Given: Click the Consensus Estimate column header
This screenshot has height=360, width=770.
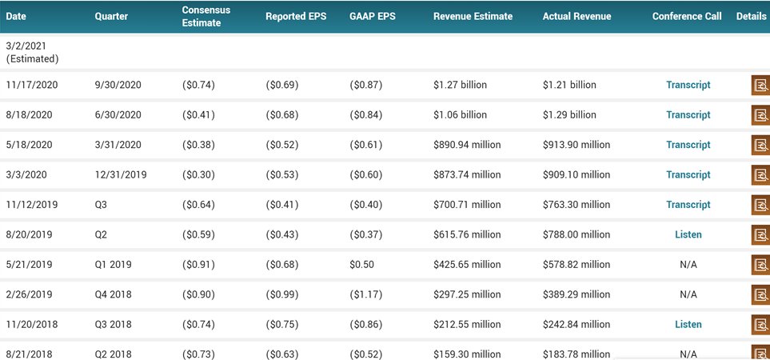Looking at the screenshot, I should coord(205,16).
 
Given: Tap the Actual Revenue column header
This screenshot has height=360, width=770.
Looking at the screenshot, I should coord(576,16).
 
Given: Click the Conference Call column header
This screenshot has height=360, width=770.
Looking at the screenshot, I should coord(686,16).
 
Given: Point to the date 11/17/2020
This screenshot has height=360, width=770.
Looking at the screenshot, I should coord(32,85).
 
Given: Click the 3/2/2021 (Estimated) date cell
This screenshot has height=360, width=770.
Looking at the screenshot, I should coord(32,53).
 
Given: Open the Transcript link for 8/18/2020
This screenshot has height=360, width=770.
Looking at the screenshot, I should coord(688,114).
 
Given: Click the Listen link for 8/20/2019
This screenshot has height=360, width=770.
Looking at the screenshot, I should coord(688,234).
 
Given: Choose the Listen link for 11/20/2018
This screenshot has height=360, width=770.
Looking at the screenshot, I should coord(688,324).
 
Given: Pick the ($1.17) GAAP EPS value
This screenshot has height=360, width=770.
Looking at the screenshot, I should coord(365,294).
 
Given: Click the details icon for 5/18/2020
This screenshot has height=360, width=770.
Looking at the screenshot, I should coord(760,145).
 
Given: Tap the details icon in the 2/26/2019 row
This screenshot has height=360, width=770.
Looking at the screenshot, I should coord(760,294).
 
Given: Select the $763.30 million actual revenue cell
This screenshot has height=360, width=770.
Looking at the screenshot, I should coord(576,205).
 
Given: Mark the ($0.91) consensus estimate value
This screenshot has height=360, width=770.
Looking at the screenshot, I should coord(198,264).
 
